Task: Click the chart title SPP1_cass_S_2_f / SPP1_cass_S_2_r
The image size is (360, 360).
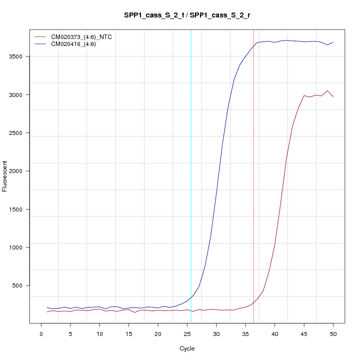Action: click(x=187, y=15)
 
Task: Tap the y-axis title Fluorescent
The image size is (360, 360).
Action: click(x=5, y=176)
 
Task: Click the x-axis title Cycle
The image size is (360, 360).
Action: click(x=187, y=348)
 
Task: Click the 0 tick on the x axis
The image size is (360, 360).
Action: click(x=41, y=332)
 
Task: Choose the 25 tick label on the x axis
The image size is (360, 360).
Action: click(x=187, y=332)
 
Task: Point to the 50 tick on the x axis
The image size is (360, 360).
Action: click(x=333, y=332)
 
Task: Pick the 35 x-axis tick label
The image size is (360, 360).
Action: click(x=245, y=332)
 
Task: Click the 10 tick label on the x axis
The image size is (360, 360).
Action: click(x=99, y=332)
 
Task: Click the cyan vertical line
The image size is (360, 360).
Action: click(x=191, y=175)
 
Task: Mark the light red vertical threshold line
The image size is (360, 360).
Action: click(x=253, y=175)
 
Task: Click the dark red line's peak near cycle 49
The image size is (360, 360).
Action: click(x=327, y=91)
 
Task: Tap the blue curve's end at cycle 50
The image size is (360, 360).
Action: click(x=333, y=42)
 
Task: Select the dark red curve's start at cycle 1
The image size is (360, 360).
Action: click(x=47, y=312)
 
